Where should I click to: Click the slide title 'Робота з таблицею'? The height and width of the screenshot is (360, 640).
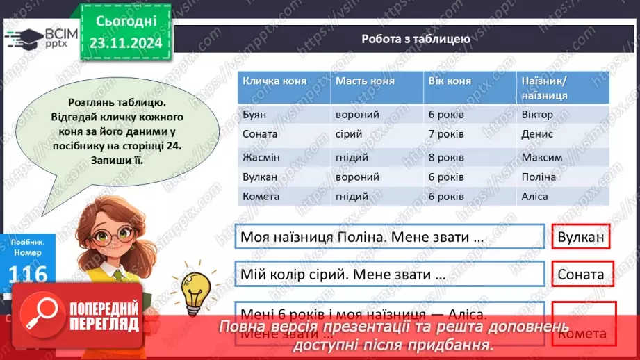[x=416, y=39]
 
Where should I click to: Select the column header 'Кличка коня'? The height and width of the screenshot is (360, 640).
[x=271, y=81]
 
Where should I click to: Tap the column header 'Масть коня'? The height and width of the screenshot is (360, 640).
[x=365, y=81]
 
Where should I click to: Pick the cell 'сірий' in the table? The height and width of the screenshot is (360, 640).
[x=348, y=134]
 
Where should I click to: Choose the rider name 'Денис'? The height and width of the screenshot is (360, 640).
[x=537, y=134]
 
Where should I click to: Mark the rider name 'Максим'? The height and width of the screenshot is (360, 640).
[x=541, y=157]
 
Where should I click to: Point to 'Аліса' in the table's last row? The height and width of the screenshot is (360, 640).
[x=534, y=196]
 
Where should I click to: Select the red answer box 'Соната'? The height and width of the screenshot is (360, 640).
[x=581, y=274]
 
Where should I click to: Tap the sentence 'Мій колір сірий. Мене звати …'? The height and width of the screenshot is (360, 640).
[x=343, y=274]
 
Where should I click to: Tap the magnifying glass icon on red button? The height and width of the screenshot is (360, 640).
[x=40, y=313]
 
